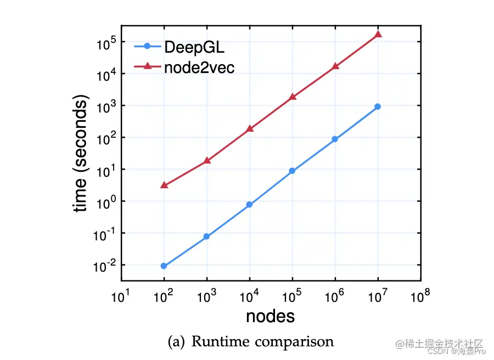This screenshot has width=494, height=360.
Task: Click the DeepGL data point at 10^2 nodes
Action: (x=164, y=266)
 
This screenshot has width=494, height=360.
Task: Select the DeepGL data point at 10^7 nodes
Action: (x=378, y=106)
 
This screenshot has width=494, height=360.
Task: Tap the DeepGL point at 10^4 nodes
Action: (x=249, y=205)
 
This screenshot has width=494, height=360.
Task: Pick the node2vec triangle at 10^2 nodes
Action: (x=164, y=185)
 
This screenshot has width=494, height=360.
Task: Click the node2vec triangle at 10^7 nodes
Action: (x=378, y=35)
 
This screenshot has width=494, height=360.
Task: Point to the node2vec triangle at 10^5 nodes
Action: (x=292, y=97)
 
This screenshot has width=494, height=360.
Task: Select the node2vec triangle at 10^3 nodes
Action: (x=206, y=160)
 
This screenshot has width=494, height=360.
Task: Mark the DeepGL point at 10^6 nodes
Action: (x=335, y=139)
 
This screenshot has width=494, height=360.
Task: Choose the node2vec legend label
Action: (x=199, y=67)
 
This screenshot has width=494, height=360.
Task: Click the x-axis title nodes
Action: (x=270, y=316)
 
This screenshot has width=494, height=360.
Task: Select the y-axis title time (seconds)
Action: (x=81, y=155)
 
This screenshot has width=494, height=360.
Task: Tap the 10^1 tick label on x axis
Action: (x=121, y=297)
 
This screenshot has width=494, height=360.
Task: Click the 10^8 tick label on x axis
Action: (x=420, y=297)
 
